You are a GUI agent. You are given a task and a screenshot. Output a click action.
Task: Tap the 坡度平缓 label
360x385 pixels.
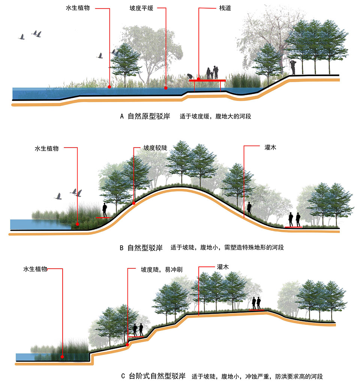click(x=142, y=7)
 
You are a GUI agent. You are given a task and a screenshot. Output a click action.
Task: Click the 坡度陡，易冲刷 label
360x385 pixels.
click(x=157, y=269)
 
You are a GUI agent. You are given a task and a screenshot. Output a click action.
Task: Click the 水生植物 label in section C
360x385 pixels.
click(x=35, y=269)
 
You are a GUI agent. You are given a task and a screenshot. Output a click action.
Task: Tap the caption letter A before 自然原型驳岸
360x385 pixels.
click(x=122, y=116)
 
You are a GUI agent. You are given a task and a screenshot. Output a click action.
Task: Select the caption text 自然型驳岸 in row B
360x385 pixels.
click(x=145, y=248)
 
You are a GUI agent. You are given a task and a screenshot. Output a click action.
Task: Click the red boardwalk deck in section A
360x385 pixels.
click(x=207, y=80)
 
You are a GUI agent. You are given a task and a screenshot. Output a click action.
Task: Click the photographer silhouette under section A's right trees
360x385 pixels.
click(x=293, y=67)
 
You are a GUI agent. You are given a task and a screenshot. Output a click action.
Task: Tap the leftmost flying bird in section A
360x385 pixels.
click(x=22, y=37)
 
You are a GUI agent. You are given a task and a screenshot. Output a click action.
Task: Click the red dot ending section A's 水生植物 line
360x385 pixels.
click(x=109, y=87)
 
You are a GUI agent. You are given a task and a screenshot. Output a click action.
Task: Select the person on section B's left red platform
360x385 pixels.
click(x=105, y=210)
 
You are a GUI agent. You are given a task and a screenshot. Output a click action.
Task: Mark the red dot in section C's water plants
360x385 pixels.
click(x=62, y=357)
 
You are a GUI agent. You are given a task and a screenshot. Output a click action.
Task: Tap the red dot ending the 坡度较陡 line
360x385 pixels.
click(x=133, y=203)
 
